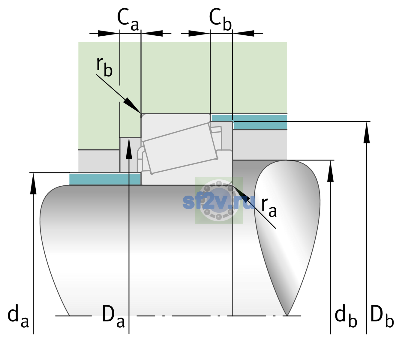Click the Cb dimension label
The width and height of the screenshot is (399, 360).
click(220, 20)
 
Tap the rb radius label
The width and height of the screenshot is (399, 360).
click(104, 67)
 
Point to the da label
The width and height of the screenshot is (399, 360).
click(18, 316)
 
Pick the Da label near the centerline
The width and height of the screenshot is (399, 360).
click(113, 316)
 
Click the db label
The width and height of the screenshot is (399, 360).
click(346, 316)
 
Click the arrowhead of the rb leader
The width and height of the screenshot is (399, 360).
click(132, 106)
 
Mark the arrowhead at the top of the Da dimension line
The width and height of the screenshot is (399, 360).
click(129, 148)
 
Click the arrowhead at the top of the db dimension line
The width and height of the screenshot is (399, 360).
click(330, 171)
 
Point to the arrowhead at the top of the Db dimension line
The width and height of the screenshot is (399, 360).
click(367, 132)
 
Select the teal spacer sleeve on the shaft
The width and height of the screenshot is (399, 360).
click(105, 179)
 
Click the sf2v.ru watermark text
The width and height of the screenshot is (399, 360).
click(219, 202)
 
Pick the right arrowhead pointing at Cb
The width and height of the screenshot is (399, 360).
click(244, 33)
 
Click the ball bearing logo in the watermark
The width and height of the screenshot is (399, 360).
click(219, 200)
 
